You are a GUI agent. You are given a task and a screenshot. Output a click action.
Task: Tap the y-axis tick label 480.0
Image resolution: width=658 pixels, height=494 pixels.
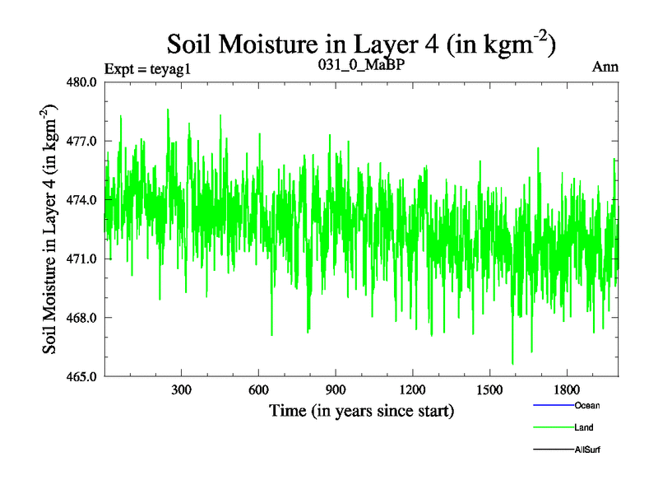(82, 82)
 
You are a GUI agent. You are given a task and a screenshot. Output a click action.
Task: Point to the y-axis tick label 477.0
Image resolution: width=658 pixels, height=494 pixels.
(82, 141)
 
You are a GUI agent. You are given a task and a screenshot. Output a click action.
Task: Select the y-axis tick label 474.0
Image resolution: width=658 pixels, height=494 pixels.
(82, 200)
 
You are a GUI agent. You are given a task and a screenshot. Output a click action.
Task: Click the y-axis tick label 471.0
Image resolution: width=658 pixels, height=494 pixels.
(82, 259)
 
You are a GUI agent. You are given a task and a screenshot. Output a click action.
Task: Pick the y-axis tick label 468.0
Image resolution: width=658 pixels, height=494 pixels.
(82, 318)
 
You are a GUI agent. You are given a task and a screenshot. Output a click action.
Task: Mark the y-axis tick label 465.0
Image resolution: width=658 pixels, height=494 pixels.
(82, 376)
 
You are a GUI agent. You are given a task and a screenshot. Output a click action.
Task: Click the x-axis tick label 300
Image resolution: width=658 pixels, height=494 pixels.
(181, 389)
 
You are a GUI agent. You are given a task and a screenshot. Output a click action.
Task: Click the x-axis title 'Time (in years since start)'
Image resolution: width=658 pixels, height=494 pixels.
(361, 409)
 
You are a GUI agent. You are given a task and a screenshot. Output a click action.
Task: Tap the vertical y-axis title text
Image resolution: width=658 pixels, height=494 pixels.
(52, 229)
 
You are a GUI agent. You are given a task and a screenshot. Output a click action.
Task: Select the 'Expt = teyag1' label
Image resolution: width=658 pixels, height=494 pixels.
(147, 68)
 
